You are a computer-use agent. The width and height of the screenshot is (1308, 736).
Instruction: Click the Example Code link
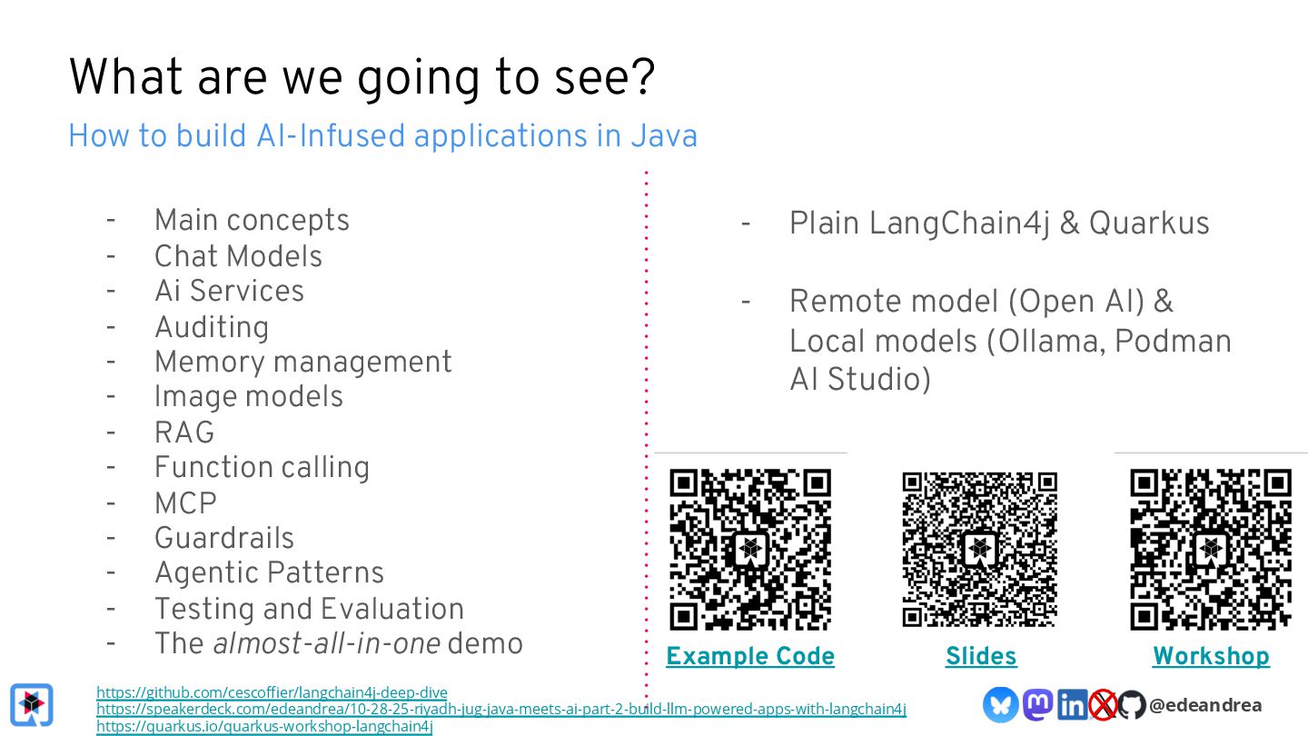(749, 656)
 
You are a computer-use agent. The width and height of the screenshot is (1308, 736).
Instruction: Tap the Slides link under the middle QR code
(981, 656)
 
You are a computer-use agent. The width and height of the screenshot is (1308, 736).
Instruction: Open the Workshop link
(1211, 656)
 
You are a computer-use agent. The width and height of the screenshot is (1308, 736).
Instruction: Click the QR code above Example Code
(750, 549)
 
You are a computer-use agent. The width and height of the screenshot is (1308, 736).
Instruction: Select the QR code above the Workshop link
(1211, 549)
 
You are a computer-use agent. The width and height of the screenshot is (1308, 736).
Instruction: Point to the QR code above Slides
(980, 549)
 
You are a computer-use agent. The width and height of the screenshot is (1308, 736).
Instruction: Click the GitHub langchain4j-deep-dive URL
(272, 692)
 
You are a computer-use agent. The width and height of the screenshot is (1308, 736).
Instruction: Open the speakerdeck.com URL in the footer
(500, 709)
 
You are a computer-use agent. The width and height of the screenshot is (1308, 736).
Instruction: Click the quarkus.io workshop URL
(264, 726)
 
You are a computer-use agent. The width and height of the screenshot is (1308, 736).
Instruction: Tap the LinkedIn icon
(1072, 704)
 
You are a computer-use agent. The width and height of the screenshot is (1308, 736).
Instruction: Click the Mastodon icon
(1037, 704)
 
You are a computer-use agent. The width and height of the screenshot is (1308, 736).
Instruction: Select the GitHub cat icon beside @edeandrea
(1131, 704)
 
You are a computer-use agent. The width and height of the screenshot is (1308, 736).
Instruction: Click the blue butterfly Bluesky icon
(1000, 704)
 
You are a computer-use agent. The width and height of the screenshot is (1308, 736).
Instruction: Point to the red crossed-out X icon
(1102, 704)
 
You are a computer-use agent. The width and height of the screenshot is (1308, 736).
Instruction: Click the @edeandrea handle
(1204, 704)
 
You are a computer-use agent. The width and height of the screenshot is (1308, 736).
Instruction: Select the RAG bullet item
(184, 433)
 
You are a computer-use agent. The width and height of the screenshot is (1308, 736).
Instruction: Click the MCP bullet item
(185, 502)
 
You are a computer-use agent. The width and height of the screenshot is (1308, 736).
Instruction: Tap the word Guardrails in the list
(224, 538)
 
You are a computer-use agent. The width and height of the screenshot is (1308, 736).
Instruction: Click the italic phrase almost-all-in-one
(326, 643)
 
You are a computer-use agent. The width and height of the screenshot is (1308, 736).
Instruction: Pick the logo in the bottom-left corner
(32, 704)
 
